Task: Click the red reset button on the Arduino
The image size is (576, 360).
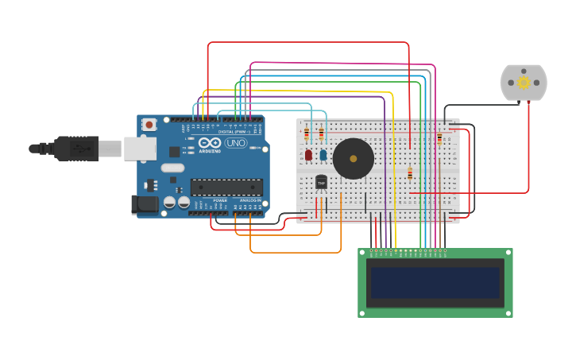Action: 149,125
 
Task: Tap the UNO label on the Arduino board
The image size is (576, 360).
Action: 236,143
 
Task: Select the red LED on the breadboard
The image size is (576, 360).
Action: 308,155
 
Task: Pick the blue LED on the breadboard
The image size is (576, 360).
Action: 323,155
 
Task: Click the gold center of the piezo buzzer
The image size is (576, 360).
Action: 354,158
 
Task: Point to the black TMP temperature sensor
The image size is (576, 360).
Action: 322,183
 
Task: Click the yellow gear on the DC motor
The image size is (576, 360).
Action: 524,82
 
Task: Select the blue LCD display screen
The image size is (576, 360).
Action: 435,282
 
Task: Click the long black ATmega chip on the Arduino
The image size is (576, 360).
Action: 226,188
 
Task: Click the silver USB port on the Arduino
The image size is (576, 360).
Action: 140,148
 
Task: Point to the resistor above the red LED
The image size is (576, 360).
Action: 307,134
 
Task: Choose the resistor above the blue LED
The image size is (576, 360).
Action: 321,134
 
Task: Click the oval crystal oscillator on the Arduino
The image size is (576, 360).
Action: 172,168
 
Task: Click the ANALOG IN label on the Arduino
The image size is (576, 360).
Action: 248,200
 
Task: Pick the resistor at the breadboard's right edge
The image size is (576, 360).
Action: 439,139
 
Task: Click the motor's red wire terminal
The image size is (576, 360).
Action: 528,103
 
